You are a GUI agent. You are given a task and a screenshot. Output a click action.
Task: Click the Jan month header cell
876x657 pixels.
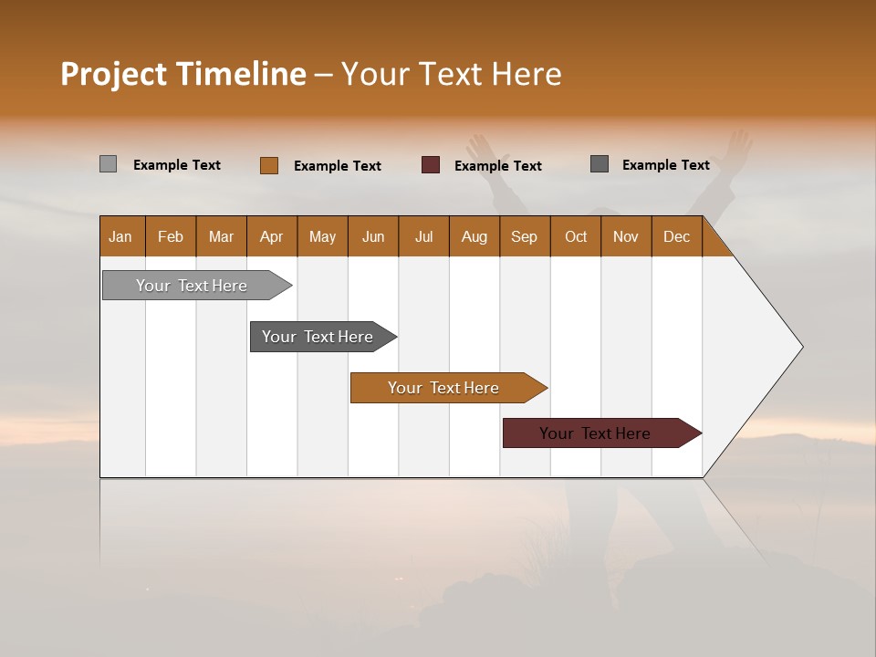click(121, 236)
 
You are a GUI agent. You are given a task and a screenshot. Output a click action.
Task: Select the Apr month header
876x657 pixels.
click(271, 236)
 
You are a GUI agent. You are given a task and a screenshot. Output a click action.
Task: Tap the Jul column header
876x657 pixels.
click(423, 236)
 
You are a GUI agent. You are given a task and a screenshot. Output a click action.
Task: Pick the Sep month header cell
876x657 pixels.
click(524, 236)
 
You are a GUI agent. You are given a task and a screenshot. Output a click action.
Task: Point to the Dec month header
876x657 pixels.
click(676, 236)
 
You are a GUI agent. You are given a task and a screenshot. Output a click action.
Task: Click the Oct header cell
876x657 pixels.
click(575, 236)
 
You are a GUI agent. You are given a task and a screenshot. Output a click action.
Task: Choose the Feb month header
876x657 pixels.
click(171, 236)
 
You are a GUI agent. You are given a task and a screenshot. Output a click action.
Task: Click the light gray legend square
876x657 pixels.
click(108, 164)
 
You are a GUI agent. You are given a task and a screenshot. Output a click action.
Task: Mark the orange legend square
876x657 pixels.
click(268, 165)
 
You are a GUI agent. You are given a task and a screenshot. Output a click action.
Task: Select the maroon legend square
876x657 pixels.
click(431, 165)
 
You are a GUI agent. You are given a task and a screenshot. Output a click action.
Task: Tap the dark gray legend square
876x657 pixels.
click(600, 164)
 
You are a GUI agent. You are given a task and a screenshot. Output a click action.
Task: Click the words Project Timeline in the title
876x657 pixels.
click(182, 74)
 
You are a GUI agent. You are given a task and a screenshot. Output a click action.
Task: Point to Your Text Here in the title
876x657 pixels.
click(451, 74)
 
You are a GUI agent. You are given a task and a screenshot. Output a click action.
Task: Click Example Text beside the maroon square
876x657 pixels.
click(497, 166)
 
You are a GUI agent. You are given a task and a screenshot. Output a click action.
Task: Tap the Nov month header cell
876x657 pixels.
click(625, 236)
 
